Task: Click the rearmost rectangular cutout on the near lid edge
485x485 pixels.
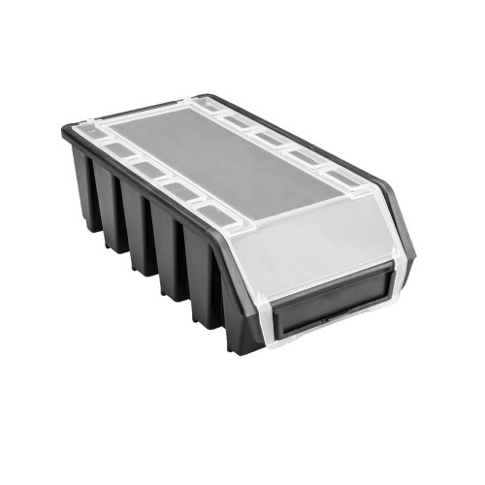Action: (x=115, y=152)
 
